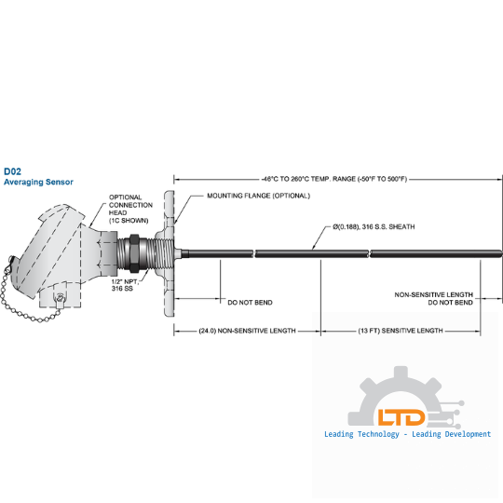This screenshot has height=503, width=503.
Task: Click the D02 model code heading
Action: [12, 171]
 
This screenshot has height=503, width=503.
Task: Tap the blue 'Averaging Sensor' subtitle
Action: [38, 182]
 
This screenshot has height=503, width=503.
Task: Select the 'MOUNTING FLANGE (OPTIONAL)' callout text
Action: [259, 196]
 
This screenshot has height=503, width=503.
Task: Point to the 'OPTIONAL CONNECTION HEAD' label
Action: [130, 209]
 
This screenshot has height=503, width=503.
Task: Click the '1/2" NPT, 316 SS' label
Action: [125, 285]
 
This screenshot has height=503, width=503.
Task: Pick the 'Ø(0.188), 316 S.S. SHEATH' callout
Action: [374, 226]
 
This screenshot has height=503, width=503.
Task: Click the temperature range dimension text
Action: [334, 179]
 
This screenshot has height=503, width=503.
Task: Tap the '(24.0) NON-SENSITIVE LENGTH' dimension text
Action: [248, 331]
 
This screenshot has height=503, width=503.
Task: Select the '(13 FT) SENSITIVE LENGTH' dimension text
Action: [401, 331]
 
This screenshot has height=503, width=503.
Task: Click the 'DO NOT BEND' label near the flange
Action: [250, 303]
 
